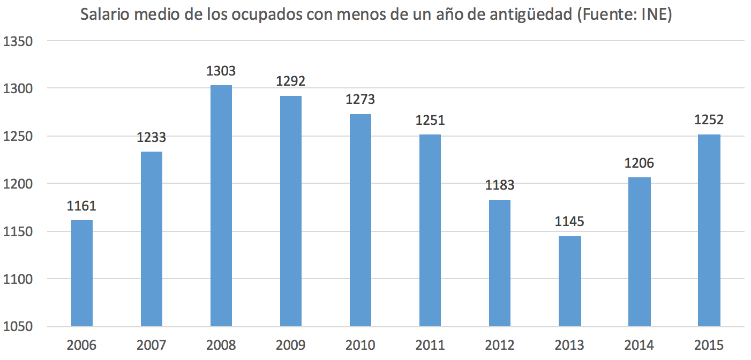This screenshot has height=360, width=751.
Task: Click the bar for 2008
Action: [x=221, y=206]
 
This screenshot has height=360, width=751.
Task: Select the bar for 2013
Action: [x=569, y=281]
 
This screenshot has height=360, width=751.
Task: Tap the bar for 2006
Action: [x=81, y=273]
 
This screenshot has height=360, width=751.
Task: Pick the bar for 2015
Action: [x=709, y=230]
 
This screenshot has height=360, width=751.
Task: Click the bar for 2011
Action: [x=430, y=230]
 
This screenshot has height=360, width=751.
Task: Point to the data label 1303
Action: [x=221, y=71]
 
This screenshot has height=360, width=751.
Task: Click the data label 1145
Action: [x=569, y=222]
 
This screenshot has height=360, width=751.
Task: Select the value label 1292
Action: [x=290, y=82]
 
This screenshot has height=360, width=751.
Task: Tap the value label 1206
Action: [x=639, y=163]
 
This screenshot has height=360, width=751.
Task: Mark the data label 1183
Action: [x=500, y=186]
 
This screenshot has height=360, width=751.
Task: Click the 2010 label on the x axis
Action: [x=361, y=345]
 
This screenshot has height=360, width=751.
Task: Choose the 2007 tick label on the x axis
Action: [x=151, y=345]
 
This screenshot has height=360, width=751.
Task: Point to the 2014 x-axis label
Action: [x=639, y=345]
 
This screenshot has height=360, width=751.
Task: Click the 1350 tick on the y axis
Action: [x=18, y=41]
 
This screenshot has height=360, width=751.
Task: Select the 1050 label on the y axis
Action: [x=18, y=327]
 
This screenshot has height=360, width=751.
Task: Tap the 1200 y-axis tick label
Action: [x=18, y=184]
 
